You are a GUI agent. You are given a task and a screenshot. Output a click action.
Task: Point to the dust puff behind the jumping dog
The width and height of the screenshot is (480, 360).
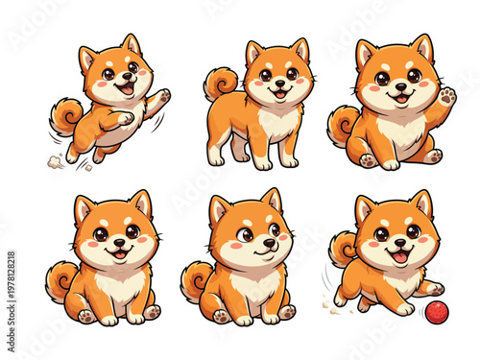pos(56,161)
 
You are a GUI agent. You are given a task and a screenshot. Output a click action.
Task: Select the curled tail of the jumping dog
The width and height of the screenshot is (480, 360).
pos(66,116)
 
